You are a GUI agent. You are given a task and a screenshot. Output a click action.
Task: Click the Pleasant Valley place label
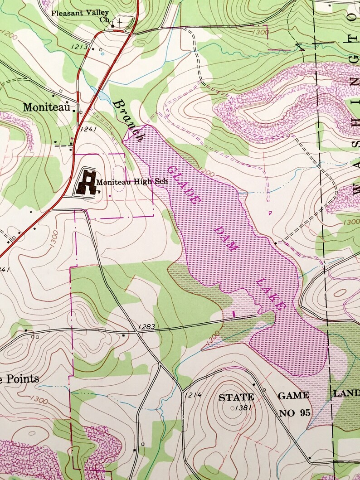(x=80, y=13)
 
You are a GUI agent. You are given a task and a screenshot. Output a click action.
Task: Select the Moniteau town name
(x=48, y=107)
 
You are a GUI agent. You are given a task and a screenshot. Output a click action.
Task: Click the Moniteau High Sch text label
(x=132, y=181)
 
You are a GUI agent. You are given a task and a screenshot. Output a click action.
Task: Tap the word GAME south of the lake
(x=293, y=395)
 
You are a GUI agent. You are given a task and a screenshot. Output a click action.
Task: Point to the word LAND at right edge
(x=347, y=393)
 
